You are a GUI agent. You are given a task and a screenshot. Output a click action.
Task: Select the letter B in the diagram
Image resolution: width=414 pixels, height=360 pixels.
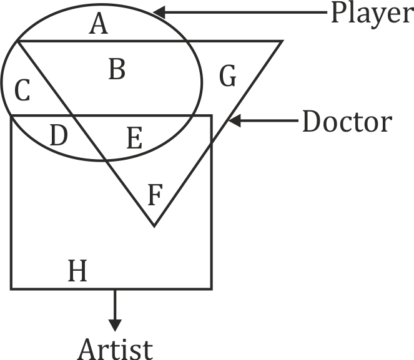[x=117, y=70]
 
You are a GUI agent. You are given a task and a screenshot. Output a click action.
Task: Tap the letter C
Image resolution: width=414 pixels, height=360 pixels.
[x=22, y=92]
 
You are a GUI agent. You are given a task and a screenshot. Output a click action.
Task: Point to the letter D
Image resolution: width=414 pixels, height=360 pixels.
[x=58, y=135]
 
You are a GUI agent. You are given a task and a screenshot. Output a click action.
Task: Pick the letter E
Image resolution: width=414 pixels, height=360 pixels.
[x=134, y=137]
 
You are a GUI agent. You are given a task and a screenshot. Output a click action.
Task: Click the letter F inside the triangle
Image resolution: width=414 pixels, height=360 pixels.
[x=155, y=195]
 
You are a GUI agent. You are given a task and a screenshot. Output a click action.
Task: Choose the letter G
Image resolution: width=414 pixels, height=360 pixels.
[x=228, y=77]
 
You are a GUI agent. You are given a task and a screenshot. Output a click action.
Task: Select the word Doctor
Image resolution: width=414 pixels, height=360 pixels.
[x=346, y=122]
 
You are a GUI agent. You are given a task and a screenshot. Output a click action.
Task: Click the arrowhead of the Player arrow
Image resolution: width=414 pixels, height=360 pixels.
[x=160, y=12]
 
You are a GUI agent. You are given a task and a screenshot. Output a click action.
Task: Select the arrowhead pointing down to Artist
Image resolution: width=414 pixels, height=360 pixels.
[x=114, y=325]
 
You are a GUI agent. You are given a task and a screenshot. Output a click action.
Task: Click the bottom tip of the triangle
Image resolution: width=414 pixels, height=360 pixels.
[x=154, y=226]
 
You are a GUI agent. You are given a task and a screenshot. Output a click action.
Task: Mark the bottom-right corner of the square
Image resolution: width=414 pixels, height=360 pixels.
[x=211, y=288]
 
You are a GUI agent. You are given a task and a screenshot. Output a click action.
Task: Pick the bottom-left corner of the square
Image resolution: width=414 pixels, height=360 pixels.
[x=11, y=288]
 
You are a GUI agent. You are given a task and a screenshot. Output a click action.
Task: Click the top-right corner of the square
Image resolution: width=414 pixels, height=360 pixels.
[x=211, y=116]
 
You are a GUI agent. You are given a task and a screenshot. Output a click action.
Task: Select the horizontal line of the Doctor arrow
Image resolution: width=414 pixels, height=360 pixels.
[x=269, y=122]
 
